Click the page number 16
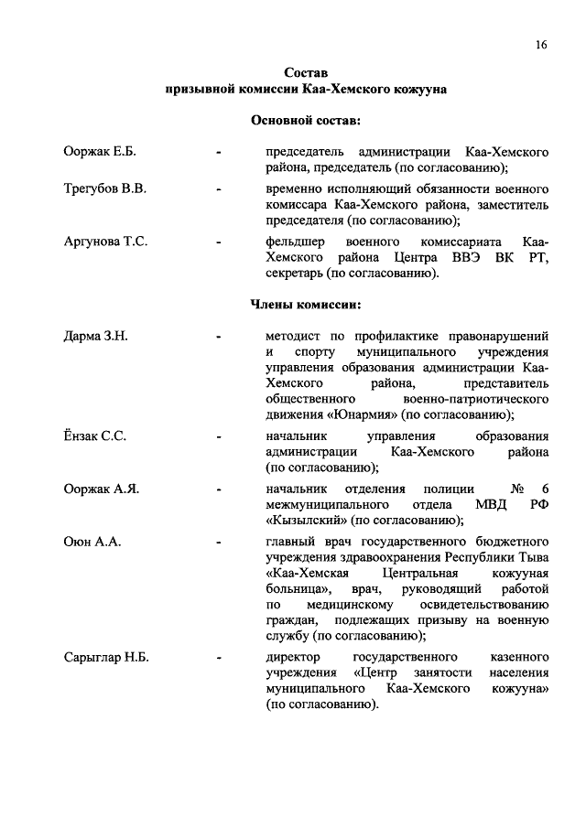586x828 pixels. pos(542,45)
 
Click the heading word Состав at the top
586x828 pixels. pos(306,72)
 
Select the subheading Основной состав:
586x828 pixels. pos(306,120)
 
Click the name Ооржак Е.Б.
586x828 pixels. pos(100,151)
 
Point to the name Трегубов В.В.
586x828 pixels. pos(106,188)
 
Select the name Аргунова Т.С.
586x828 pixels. pos(106,242)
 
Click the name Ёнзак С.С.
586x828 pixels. pos(95,436)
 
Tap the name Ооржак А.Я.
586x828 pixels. pos(101,489)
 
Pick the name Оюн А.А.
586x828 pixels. pos(92,543)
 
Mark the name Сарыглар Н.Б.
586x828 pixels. pos(106,658)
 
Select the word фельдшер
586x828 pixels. pos(295,242)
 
